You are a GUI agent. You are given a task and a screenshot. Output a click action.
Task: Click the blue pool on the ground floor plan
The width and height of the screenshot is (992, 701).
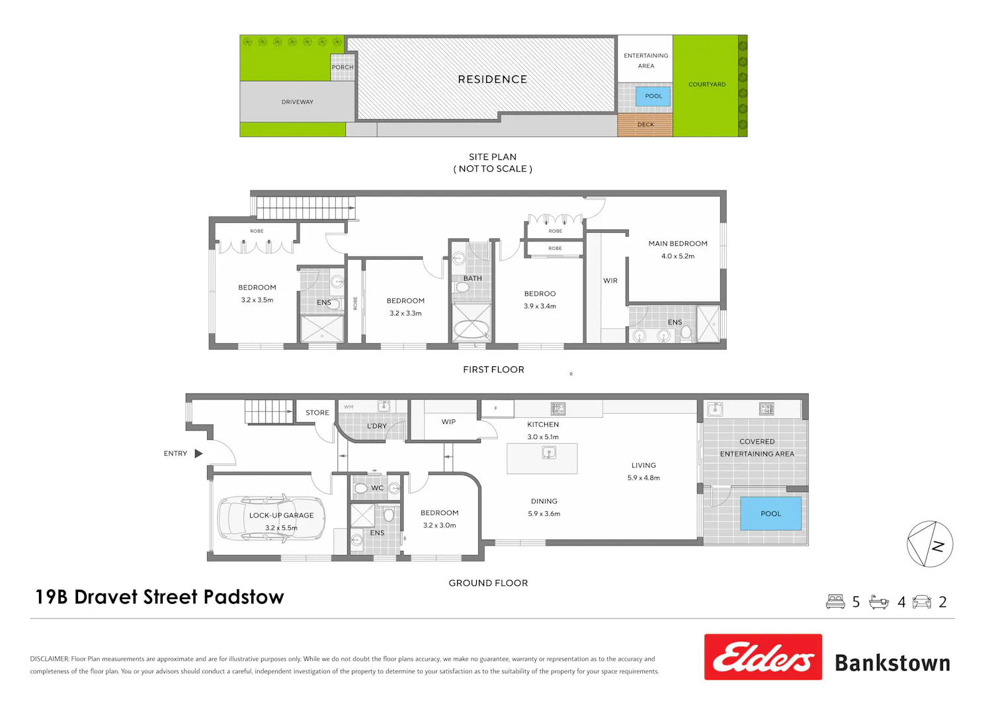tap(770, 513)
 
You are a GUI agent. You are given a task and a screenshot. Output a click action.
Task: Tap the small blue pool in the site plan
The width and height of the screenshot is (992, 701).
tap(653, 96)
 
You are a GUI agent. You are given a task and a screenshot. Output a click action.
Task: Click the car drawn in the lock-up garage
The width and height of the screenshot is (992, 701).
tap(271, 518)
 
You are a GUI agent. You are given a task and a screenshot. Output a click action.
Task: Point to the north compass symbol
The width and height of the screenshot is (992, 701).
tap(930, 544)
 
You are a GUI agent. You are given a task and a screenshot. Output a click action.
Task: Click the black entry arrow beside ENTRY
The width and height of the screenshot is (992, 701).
tap(199, 453)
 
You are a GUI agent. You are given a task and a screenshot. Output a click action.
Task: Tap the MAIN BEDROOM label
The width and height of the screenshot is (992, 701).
tap(678, 243)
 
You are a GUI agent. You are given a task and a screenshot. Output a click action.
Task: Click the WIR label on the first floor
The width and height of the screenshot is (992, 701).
tap(610, 280)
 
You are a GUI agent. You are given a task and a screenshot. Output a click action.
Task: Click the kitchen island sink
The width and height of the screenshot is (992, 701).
tap(549, 452)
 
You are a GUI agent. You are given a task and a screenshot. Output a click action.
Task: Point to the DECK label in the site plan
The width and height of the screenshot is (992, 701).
tap(645, 124)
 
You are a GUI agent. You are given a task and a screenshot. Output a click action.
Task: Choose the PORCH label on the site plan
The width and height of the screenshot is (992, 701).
tap(343, 67)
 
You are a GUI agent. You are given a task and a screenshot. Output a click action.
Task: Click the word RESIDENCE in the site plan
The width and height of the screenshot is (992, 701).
tap(493, 79)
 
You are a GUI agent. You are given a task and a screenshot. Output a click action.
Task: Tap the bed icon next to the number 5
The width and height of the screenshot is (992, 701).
tap(835, 601)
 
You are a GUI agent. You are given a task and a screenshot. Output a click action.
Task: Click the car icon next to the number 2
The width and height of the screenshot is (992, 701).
tap(922, 601)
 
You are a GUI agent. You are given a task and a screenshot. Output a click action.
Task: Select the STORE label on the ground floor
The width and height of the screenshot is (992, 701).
tap(317, 412)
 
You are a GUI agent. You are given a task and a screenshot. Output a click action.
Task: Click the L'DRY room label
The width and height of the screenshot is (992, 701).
tap(377, 425)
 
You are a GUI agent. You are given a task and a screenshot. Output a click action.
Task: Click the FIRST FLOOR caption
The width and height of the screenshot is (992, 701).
tap(493, 369)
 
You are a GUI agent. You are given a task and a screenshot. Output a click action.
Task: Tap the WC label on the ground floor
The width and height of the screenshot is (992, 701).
tap(378, 487)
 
